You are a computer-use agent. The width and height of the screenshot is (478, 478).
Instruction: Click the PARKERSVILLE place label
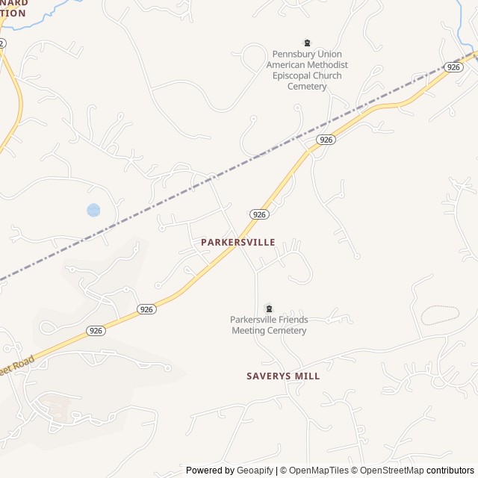[x=238, y=243]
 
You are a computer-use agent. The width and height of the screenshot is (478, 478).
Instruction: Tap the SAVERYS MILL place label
[x=283, y=376]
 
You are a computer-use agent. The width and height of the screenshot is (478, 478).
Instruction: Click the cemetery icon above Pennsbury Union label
[x=306, y=43]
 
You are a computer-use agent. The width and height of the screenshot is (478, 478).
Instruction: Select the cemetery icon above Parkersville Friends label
[x=269, y=308]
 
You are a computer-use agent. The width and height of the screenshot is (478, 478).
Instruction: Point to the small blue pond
[x=93, y=210]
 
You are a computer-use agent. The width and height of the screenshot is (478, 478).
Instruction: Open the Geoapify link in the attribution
[x=255, y=471]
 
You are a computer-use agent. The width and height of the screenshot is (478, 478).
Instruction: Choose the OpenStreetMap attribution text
[x=391, y=471]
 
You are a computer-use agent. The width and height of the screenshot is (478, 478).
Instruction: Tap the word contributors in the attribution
[x=450, y=471]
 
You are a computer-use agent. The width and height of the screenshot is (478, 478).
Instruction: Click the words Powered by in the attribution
[x=210, y=471]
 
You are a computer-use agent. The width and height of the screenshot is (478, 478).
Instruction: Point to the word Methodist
[x=327, y=65]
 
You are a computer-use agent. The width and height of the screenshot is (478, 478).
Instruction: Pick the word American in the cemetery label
[x=286, y=65]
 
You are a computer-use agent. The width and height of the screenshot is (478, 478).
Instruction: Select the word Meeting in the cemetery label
[x=249, y=331]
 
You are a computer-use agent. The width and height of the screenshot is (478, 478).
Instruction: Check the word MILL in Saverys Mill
[x=307, y=376]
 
